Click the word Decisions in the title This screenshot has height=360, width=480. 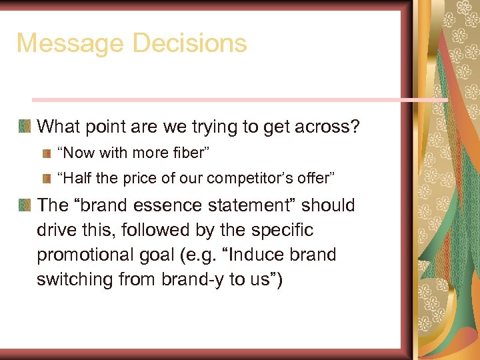pyautogui.click(x=190, y=44)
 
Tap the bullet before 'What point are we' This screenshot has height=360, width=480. pyautogui.click(x=25, y=125)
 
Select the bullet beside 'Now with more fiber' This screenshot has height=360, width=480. pyautogui.click(x=46, y=153)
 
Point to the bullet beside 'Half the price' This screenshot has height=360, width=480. pyautogui.click(x=46, y=178)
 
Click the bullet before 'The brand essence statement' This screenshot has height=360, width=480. pyautogui.click(x=25, y=205)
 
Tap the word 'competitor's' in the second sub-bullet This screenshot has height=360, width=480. pyautogui.click(x=255, y=179)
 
